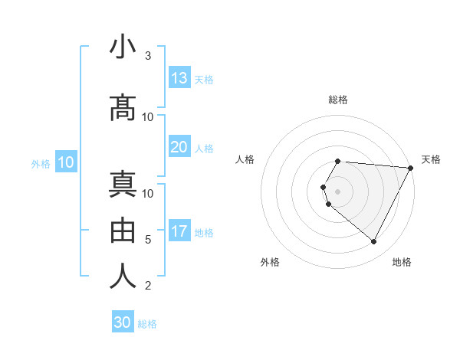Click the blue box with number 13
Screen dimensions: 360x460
179,78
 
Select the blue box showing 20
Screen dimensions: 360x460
179,147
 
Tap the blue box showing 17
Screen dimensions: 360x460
179,231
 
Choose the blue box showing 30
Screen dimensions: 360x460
123,322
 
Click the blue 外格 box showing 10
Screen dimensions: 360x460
66,162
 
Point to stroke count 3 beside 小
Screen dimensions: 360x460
148,56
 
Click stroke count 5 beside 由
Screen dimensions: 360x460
148,240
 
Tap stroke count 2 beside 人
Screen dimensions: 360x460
148,286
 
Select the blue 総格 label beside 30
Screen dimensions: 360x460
147,324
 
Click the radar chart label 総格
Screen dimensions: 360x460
338,100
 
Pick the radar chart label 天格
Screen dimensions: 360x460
431,159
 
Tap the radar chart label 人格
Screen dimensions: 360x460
245,159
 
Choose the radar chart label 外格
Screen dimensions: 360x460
270,262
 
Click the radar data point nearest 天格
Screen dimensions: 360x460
410,168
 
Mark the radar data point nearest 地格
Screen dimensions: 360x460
374,242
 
